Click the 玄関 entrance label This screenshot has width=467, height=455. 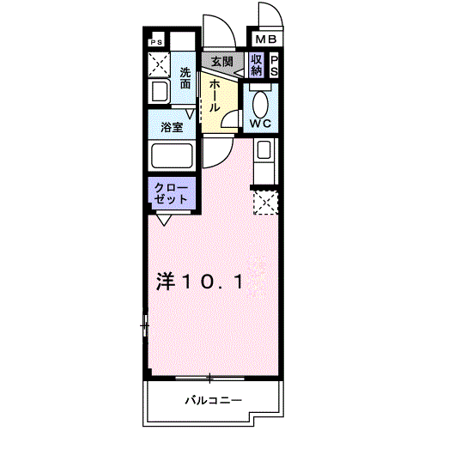point(221,62)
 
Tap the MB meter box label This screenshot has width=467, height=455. point(264,39)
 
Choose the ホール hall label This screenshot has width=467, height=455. point(214,94)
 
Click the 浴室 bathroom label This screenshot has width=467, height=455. point(171,128)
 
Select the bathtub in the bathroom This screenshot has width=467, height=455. point(171,156)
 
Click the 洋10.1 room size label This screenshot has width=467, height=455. point(203,281)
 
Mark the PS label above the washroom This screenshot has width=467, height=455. point(156,41)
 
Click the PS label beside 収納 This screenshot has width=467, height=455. point(274,65)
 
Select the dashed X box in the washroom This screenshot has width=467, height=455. point(159,64)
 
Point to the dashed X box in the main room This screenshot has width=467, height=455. point(265,203)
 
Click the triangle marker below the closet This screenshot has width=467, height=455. point(162,219)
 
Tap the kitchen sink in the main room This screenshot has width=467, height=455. point(264,153)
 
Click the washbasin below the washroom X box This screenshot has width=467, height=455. point(159,91)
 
